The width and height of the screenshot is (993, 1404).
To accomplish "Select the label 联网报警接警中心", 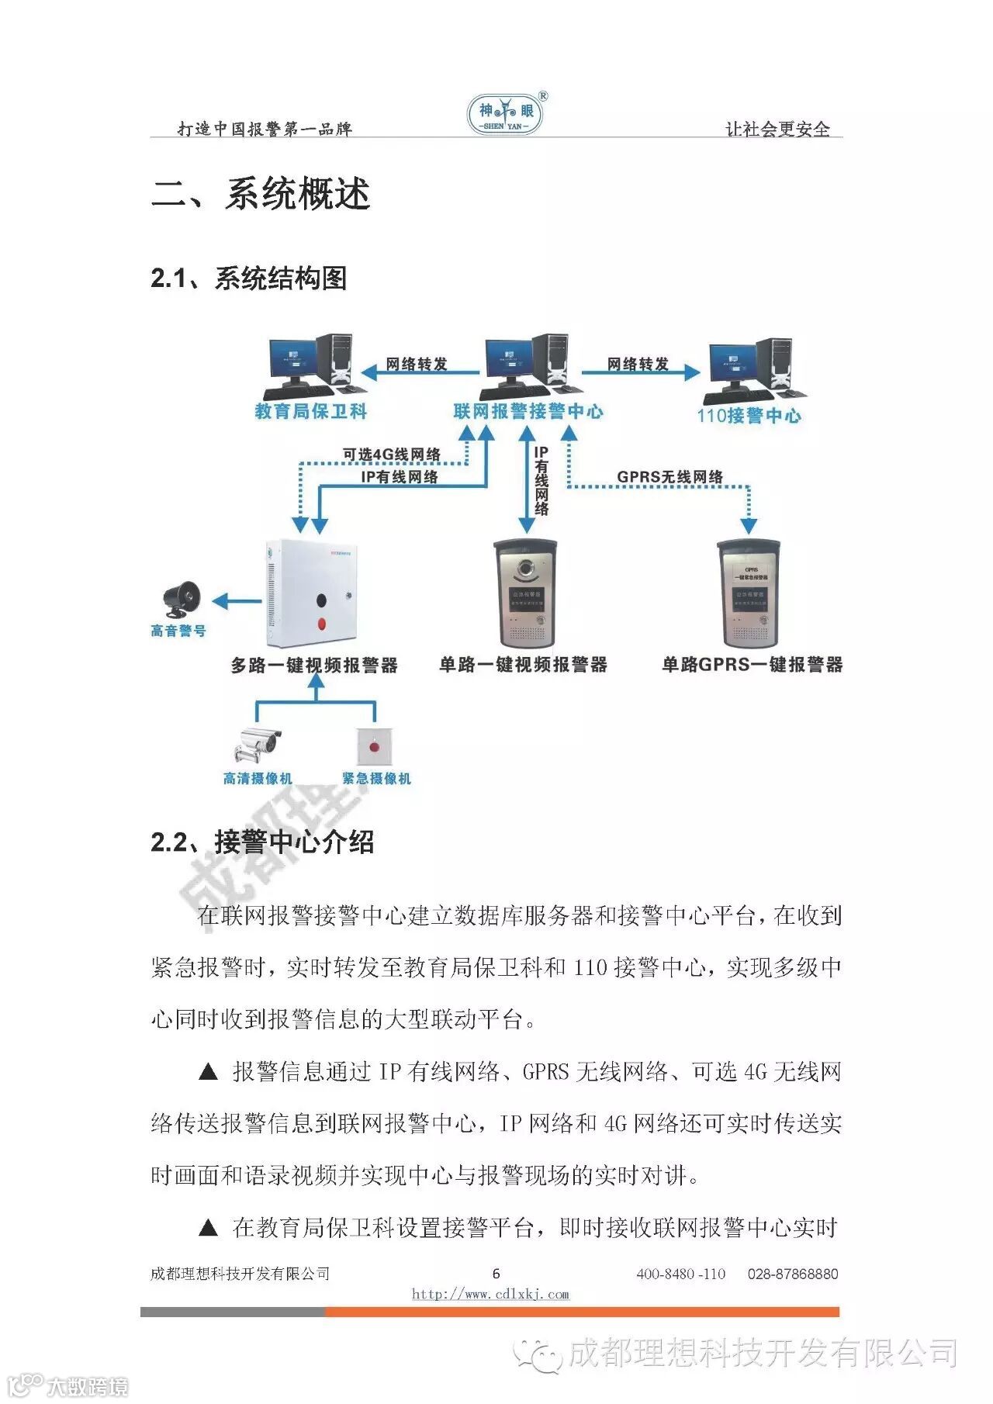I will tap(528, 412).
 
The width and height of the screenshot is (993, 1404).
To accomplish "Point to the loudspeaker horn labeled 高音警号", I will tap(182, 600).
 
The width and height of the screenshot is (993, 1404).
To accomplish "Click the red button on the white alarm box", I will tap(321, 623).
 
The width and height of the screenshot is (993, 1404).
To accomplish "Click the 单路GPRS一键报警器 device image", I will tap(749, 593).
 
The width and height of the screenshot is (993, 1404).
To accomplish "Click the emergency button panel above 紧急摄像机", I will tap(375, 746).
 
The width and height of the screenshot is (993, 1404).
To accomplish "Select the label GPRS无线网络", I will tap(669, 477).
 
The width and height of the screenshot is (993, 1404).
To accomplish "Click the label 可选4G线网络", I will tap(392, 455).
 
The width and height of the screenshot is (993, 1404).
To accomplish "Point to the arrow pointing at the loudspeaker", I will tap(237, 600).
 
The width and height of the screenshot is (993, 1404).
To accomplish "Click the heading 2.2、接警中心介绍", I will tap(262, 842).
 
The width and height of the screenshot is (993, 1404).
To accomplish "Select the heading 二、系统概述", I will tap(261, 194).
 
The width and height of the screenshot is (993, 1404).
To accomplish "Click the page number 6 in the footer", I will tap(496, 1273).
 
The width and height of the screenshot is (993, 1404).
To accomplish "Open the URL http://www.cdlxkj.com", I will tap(490, 1294).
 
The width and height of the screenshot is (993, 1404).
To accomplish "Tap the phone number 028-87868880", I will tap(792, 1274).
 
